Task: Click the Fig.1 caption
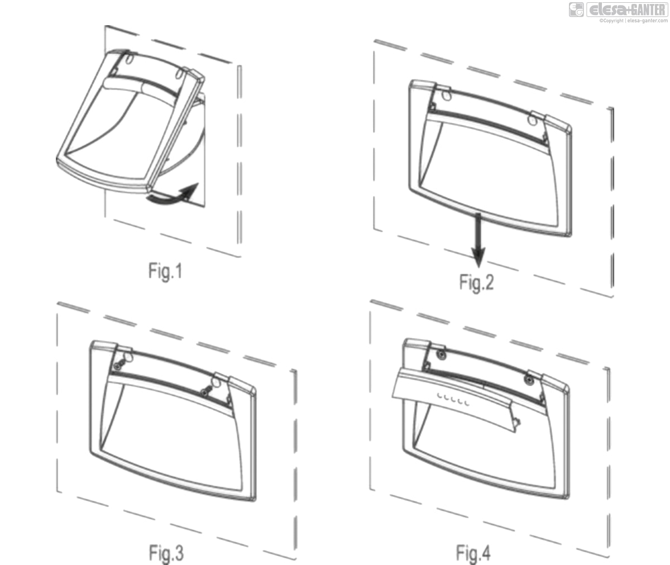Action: pyautogui.click(x=165, y=271)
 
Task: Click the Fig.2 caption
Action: pyautogui.click(x=476, y=282)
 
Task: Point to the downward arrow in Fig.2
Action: pyautogui.click(x=478, y=240)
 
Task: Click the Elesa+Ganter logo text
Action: pyautogui.click(x=627, y=9)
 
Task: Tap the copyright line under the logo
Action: pyautogui.click(x=633, y=21)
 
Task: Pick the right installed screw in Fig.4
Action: pyautogui.click(x=528, y=380)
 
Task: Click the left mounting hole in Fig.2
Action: pyautogui.click(x=447, y=95)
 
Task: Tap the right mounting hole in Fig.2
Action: pyautogui.click(x=532, y=121)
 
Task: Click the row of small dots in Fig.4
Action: pyautogui.click(x=453, y=399)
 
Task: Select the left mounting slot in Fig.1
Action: pyautogui.click(x=129, y=59)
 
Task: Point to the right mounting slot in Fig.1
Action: pyautogui.click(x=179, y=74)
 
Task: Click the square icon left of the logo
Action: pyautogui.click(x=576, y=9)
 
